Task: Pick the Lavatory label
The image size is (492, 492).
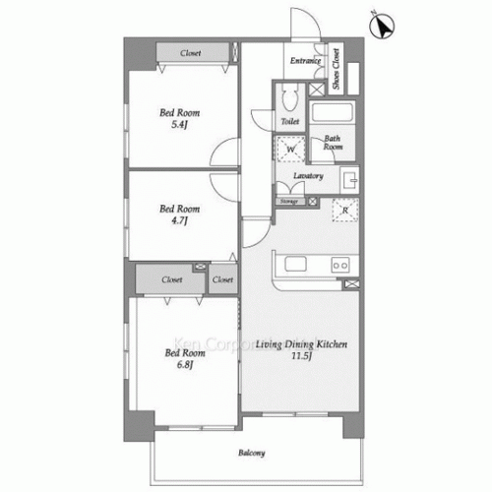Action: (308, 176)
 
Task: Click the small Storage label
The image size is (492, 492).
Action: (290, 201)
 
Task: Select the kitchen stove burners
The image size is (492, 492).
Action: (341, 265)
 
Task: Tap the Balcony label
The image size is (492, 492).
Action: (252, 454)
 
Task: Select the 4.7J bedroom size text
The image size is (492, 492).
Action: (180, 221)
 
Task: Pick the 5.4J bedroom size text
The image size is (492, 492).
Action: (180, 125)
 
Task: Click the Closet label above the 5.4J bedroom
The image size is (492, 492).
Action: (193, 52)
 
